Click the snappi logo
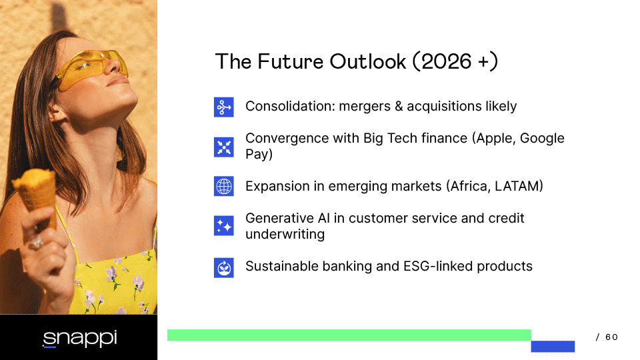tap(80, 339)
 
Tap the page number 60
tap(611, 337)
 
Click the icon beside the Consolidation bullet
tap(224, 107)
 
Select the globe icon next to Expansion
tap(224, 186)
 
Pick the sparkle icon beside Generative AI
tap(224, 226)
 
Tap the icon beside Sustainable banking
tap(224, 268)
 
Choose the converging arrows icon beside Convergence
tap(224, 147)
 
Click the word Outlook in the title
tap(368, 61)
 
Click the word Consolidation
tap(290, 106)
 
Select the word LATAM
tap(519, 186)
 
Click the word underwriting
tap(285, 234)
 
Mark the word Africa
tap(469, 186)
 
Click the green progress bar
tap(349, 335)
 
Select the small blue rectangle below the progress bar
tap(553, 347)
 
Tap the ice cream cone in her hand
tap(36, 196)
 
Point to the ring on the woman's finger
tap(35, 243)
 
